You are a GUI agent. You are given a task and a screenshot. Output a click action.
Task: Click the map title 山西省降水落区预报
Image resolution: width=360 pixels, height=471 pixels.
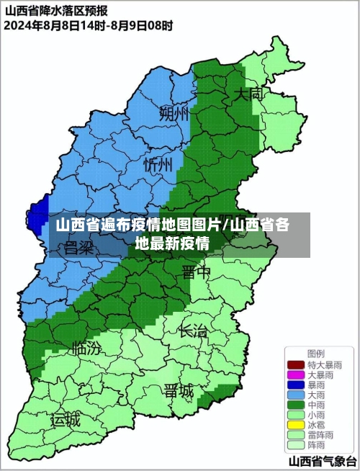click(58, 11)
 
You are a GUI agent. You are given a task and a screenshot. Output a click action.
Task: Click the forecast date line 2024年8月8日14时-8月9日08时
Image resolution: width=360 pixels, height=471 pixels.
click(88, 26)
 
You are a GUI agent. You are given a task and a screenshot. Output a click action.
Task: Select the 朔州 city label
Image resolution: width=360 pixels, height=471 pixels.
click(174, 113)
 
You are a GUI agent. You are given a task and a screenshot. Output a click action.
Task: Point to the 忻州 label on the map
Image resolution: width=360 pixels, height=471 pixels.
click(158, 164)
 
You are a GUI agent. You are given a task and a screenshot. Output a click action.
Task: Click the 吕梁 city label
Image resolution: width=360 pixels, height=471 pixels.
click(79, 248)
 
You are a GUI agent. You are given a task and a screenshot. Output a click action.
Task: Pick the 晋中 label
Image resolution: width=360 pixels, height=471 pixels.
click(196, 272)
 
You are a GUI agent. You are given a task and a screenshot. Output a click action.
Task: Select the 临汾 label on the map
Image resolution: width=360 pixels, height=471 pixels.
click(87, 349)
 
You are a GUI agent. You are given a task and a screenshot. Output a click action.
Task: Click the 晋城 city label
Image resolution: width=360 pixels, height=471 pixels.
click(179, 391)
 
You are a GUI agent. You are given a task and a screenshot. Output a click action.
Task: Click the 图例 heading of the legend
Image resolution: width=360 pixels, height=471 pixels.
click(315, 353)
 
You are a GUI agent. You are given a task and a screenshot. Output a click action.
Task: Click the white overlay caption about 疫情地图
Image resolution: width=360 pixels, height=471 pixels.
click(173, 234)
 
